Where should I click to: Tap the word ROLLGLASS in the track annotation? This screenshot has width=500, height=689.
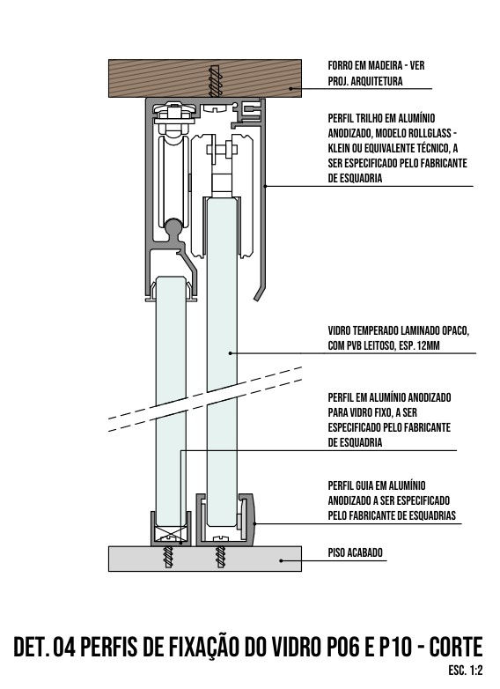coord(425,133)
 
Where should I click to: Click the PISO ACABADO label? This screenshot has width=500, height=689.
coord(355,552)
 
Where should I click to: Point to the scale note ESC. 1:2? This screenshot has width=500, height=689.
coord(466,670)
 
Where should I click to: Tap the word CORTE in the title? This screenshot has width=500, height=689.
coord(456,647)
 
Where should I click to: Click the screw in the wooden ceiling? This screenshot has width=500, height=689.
coord(214,81)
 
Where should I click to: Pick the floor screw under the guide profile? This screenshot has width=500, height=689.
coord(220,556)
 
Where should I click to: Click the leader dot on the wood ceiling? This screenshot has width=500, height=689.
coord(290,88)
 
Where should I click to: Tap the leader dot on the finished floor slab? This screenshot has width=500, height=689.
coord(282,560)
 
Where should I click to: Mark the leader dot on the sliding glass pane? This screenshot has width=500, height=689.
coord(230,352)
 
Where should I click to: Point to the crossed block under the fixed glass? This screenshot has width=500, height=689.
coord(169,535)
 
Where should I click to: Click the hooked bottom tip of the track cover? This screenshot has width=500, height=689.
coord(256,300)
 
